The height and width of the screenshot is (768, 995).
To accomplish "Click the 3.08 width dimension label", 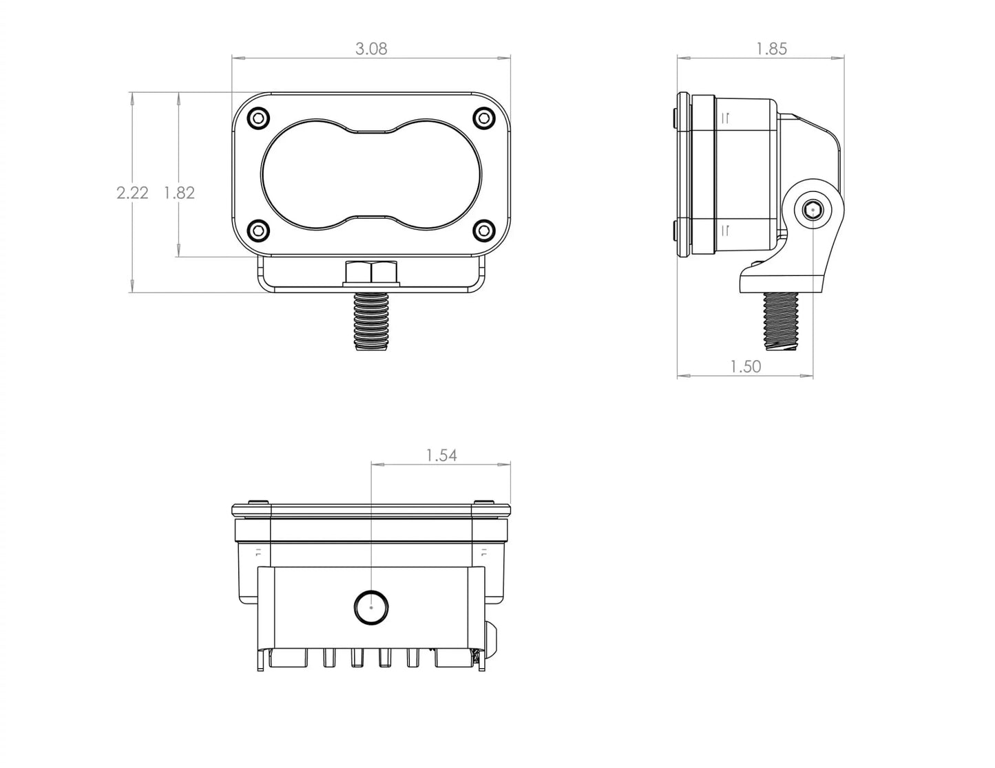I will pos(371,49).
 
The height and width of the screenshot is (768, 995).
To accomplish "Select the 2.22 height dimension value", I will pos(132,193).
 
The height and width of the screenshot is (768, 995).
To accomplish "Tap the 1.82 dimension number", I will pos(179,193).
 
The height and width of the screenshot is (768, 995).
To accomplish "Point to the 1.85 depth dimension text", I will pos(771,49).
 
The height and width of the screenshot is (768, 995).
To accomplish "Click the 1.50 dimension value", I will pos(746,367).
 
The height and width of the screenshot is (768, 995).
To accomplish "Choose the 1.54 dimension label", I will pos(441,456).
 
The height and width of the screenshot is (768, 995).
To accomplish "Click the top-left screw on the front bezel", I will pos(258,118).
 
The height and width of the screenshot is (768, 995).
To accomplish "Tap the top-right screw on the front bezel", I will pos(485,118).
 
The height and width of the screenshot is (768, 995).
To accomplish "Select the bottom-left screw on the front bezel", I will pos(258,230).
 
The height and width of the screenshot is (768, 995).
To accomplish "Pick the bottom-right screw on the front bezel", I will pos(485,230).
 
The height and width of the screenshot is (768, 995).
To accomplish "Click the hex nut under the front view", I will pos(372,273).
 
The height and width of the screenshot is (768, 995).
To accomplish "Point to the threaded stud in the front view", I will pos(372,320).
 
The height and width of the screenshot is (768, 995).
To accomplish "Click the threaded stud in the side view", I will pos(781,321).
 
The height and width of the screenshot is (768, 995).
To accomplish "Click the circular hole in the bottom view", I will pos(371,607).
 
